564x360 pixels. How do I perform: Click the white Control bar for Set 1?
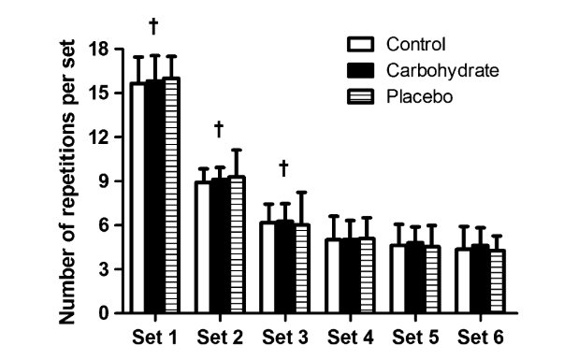138,198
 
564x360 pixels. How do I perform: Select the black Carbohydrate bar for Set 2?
220,246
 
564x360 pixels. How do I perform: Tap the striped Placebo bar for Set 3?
301,268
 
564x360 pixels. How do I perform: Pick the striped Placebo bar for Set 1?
171,195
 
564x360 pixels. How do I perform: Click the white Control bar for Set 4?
334,276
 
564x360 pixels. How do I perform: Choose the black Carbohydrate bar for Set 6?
480,279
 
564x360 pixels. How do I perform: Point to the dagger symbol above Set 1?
153,26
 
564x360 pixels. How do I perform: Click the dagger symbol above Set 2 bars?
219,129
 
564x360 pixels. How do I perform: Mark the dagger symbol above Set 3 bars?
283,168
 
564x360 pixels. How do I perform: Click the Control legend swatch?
360,44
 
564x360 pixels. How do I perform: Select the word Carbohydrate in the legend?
442,70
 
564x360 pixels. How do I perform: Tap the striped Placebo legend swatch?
360,96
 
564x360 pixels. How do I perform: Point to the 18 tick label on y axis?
98,49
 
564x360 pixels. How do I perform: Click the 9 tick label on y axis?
103,180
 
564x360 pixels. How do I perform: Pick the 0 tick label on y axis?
103,313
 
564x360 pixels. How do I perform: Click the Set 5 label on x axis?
415,338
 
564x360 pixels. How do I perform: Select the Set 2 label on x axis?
220,338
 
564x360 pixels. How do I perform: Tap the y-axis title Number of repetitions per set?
67,181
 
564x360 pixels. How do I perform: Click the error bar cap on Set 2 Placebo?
237,150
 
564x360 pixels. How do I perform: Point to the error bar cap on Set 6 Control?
464,226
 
